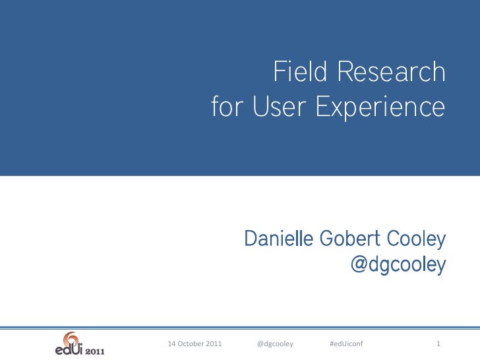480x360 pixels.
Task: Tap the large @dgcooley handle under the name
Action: [398, 264]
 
